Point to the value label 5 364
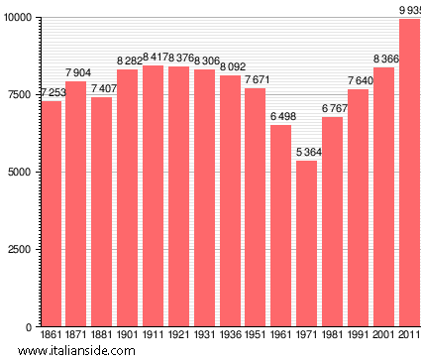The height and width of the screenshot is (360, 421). (307, 152)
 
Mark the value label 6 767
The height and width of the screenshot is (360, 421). (333, 108)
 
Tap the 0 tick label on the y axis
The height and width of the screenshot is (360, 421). (29, 326)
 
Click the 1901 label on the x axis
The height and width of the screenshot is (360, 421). (128, 336)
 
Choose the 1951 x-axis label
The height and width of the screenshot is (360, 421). (256, 336)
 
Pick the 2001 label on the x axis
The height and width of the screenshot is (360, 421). (383, 336)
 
